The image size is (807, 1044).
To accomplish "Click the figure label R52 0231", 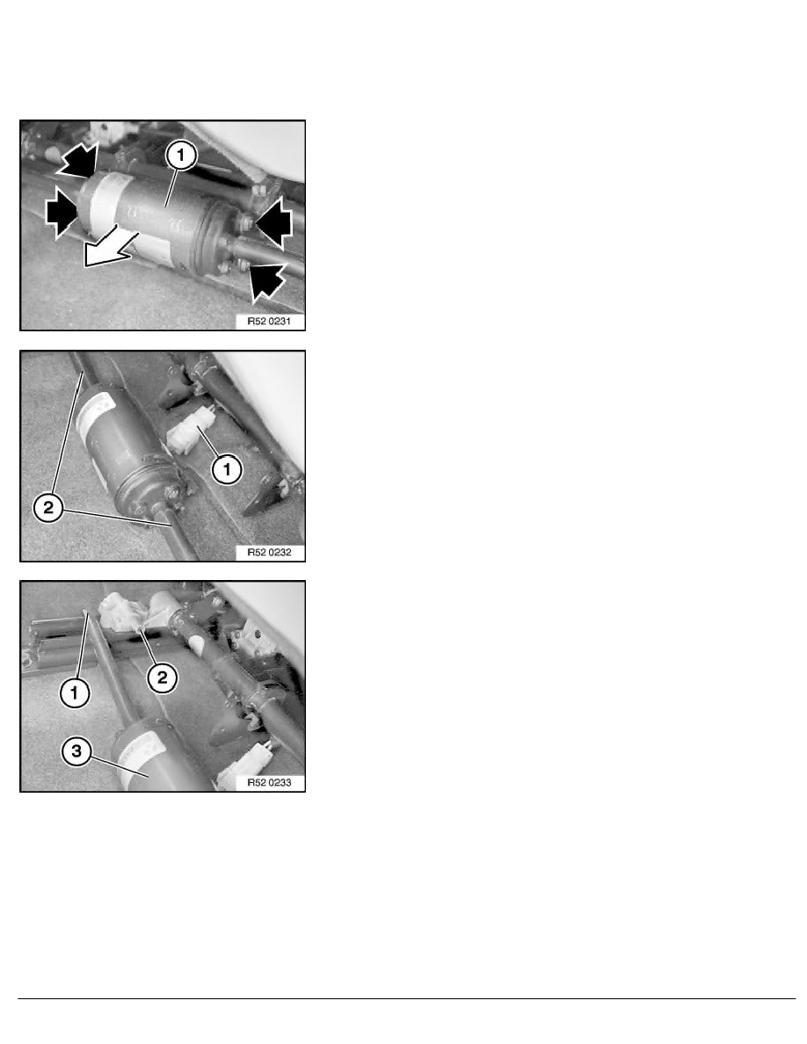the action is coord(269,322).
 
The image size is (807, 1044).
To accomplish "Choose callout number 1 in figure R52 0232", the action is coord(227,469).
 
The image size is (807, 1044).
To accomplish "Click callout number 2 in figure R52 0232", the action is coord(48,509).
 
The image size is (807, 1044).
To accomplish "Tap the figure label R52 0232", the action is coord(269,553).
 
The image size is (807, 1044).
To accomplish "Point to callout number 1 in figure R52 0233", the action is coord(74,692).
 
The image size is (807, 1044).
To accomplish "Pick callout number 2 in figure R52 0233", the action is coord(162,678).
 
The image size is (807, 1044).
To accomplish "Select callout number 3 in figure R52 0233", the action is coord(76,751).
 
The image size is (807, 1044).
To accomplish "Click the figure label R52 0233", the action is coord(269,783).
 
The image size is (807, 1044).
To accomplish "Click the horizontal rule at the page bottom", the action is coord(406,998).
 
